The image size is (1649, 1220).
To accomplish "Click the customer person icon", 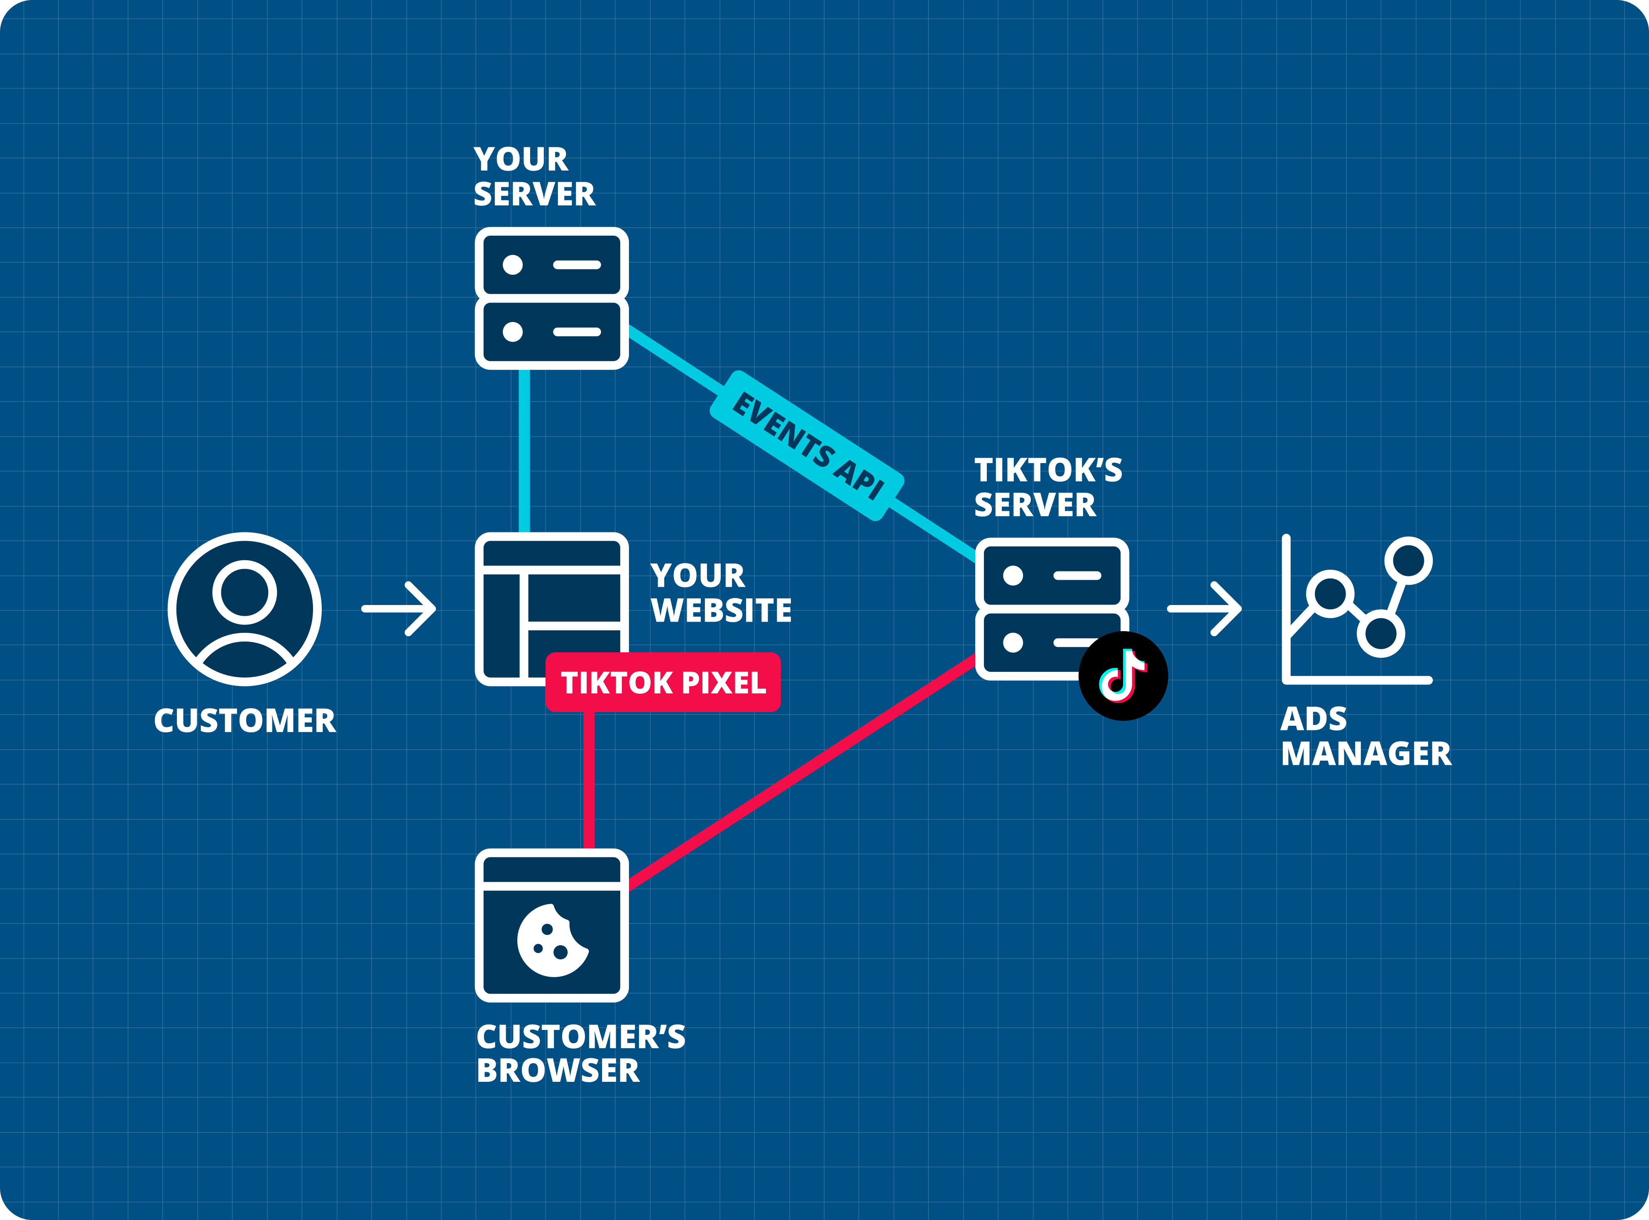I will [x=245, y=609].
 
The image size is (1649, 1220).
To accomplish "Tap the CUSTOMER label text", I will [x=245, y=721].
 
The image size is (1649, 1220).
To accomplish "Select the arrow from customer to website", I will [x=399, y=609].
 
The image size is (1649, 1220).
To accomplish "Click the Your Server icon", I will [x=552, y=298].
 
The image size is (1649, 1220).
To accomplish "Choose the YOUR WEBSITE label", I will [x=720, y=593].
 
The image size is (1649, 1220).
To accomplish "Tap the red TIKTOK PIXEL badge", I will [x=663, y=682].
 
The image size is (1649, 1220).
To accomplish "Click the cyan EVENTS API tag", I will [x=807, y=446].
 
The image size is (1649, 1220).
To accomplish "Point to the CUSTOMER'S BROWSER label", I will [x=580, y=1054].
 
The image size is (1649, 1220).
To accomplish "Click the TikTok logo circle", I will [x=1123, y=676].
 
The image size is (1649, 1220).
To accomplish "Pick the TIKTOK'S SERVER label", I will [x=1047, y=488].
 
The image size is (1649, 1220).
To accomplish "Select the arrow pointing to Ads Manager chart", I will [x=1204, y=609].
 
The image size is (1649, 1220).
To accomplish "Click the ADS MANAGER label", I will [x=1365, y=736].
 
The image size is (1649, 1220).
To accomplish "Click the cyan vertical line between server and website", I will [x=524, y=451].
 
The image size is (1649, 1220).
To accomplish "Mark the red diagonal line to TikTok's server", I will [x=802, y=772].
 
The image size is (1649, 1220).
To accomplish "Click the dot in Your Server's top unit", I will [x=513, y=264].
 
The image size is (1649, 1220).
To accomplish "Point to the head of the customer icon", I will [x=245, y=592].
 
